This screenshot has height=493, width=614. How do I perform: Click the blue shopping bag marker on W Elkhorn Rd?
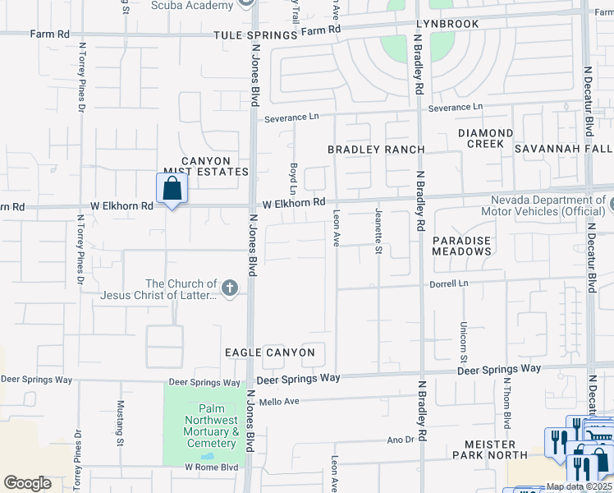[x=172, y=189]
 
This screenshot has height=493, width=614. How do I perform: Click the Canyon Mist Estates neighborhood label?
[x=205, y=166]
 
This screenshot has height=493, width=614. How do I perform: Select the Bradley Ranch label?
[x=376, y=150]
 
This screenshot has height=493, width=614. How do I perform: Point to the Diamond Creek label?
[x=485, y=138]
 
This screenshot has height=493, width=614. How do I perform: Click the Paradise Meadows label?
[x=461, y=245]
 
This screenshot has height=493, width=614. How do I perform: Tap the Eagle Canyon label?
[x=270, y=352]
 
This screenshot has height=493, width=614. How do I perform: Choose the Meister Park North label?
[x=490, y=449]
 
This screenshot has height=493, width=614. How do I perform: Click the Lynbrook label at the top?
[x=447, y=25]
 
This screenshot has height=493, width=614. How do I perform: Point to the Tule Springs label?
[x=254, y=35]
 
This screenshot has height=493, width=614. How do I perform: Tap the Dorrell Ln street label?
[x=449, y=283]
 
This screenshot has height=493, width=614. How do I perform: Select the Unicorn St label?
[x=464, y=342]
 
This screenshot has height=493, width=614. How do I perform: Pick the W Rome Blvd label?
[x=211, y=467]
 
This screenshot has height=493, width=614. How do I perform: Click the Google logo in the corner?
[x=27, y=483]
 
